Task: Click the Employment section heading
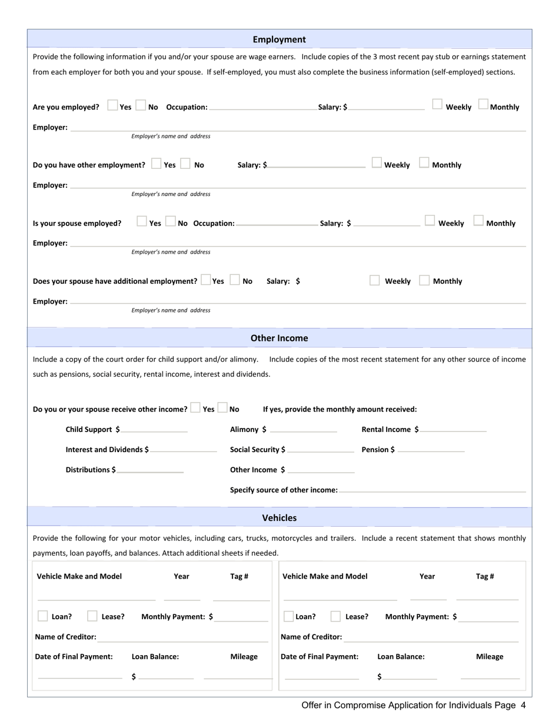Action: (279, 39)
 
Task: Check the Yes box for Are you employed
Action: (112, 106)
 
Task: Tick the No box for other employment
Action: (185, 164)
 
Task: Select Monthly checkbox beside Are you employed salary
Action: (483, 105)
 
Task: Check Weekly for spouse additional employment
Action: (375, 280)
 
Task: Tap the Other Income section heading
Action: (279, 338)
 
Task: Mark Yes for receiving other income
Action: (195, 408)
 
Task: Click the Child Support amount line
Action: (154, 430)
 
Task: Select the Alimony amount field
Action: (304, 430)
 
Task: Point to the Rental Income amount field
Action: (453, 430)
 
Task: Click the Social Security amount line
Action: (321, 450)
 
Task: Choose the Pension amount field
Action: (431, 450)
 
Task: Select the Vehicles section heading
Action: (279, 518)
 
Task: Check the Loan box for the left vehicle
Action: (43, 616)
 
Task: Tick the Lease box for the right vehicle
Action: (335, 616)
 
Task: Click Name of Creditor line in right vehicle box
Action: (431, 638)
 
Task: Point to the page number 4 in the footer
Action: (523, 705)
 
